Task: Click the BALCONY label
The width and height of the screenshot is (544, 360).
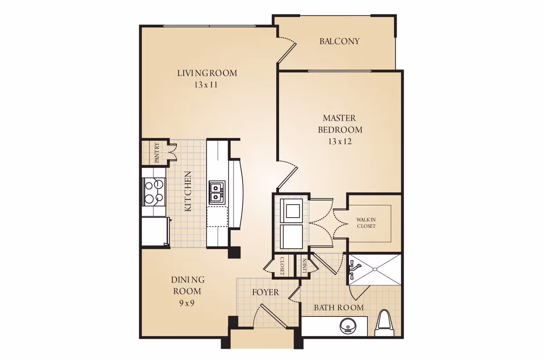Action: tap(339, 41)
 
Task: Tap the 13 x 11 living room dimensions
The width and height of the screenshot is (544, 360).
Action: tap(206, 85)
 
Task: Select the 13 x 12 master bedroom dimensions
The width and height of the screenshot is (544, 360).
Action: tap(340, 141)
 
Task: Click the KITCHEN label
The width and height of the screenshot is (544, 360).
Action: tap(188, 191)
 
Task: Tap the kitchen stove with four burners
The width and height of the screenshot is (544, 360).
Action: tap(154, 192)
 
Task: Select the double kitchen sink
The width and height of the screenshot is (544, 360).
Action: tap(217, 192)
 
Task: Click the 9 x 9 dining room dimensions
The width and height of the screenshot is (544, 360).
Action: tap(187, 303)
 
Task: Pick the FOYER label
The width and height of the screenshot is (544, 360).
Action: tap(266, 292)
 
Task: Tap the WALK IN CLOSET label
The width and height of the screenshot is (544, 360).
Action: tap(366, 223)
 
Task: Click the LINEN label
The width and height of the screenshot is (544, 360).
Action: tap(305, 266)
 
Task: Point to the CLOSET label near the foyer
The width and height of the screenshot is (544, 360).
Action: tap(282, 266)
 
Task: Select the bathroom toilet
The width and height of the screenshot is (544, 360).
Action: tap(384, 323)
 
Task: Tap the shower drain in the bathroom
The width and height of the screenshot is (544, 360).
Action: tap(375, 269)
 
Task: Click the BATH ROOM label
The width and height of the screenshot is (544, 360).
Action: tap(339, 307)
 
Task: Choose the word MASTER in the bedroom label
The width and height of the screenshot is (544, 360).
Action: tap(339, 118)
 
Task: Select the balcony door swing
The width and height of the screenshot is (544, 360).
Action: tap(287, 49)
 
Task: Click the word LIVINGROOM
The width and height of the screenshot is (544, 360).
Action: tap(207, 73)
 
